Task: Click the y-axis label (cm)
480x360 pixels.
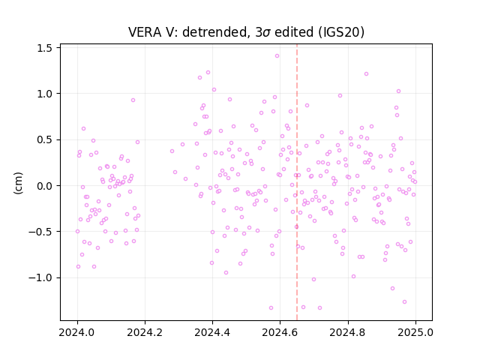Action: click(18, 183)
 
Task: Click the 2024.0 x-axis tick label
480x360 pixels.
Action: click(77, 332)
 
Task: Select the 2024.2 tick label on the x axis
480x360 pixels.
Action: click(145, 332)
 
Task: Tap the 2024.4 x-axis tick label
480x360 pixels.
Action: click(212, 332)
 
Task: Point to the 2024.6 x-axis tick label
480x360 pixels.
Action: click(280, 332)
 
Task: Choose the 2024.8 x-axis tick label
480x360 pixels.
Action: click(348, 332)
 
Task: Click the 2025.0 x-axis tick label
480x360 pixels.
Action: click(415, 332)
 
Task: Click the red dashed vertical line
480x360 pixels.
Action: click(297, 182)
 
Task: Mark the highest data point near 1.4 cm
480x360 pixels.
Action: click(277, 56)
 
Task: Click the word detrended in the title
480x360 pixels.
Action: click(215, 32)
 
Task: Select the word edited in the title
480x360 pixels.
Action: click(294, 32)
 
